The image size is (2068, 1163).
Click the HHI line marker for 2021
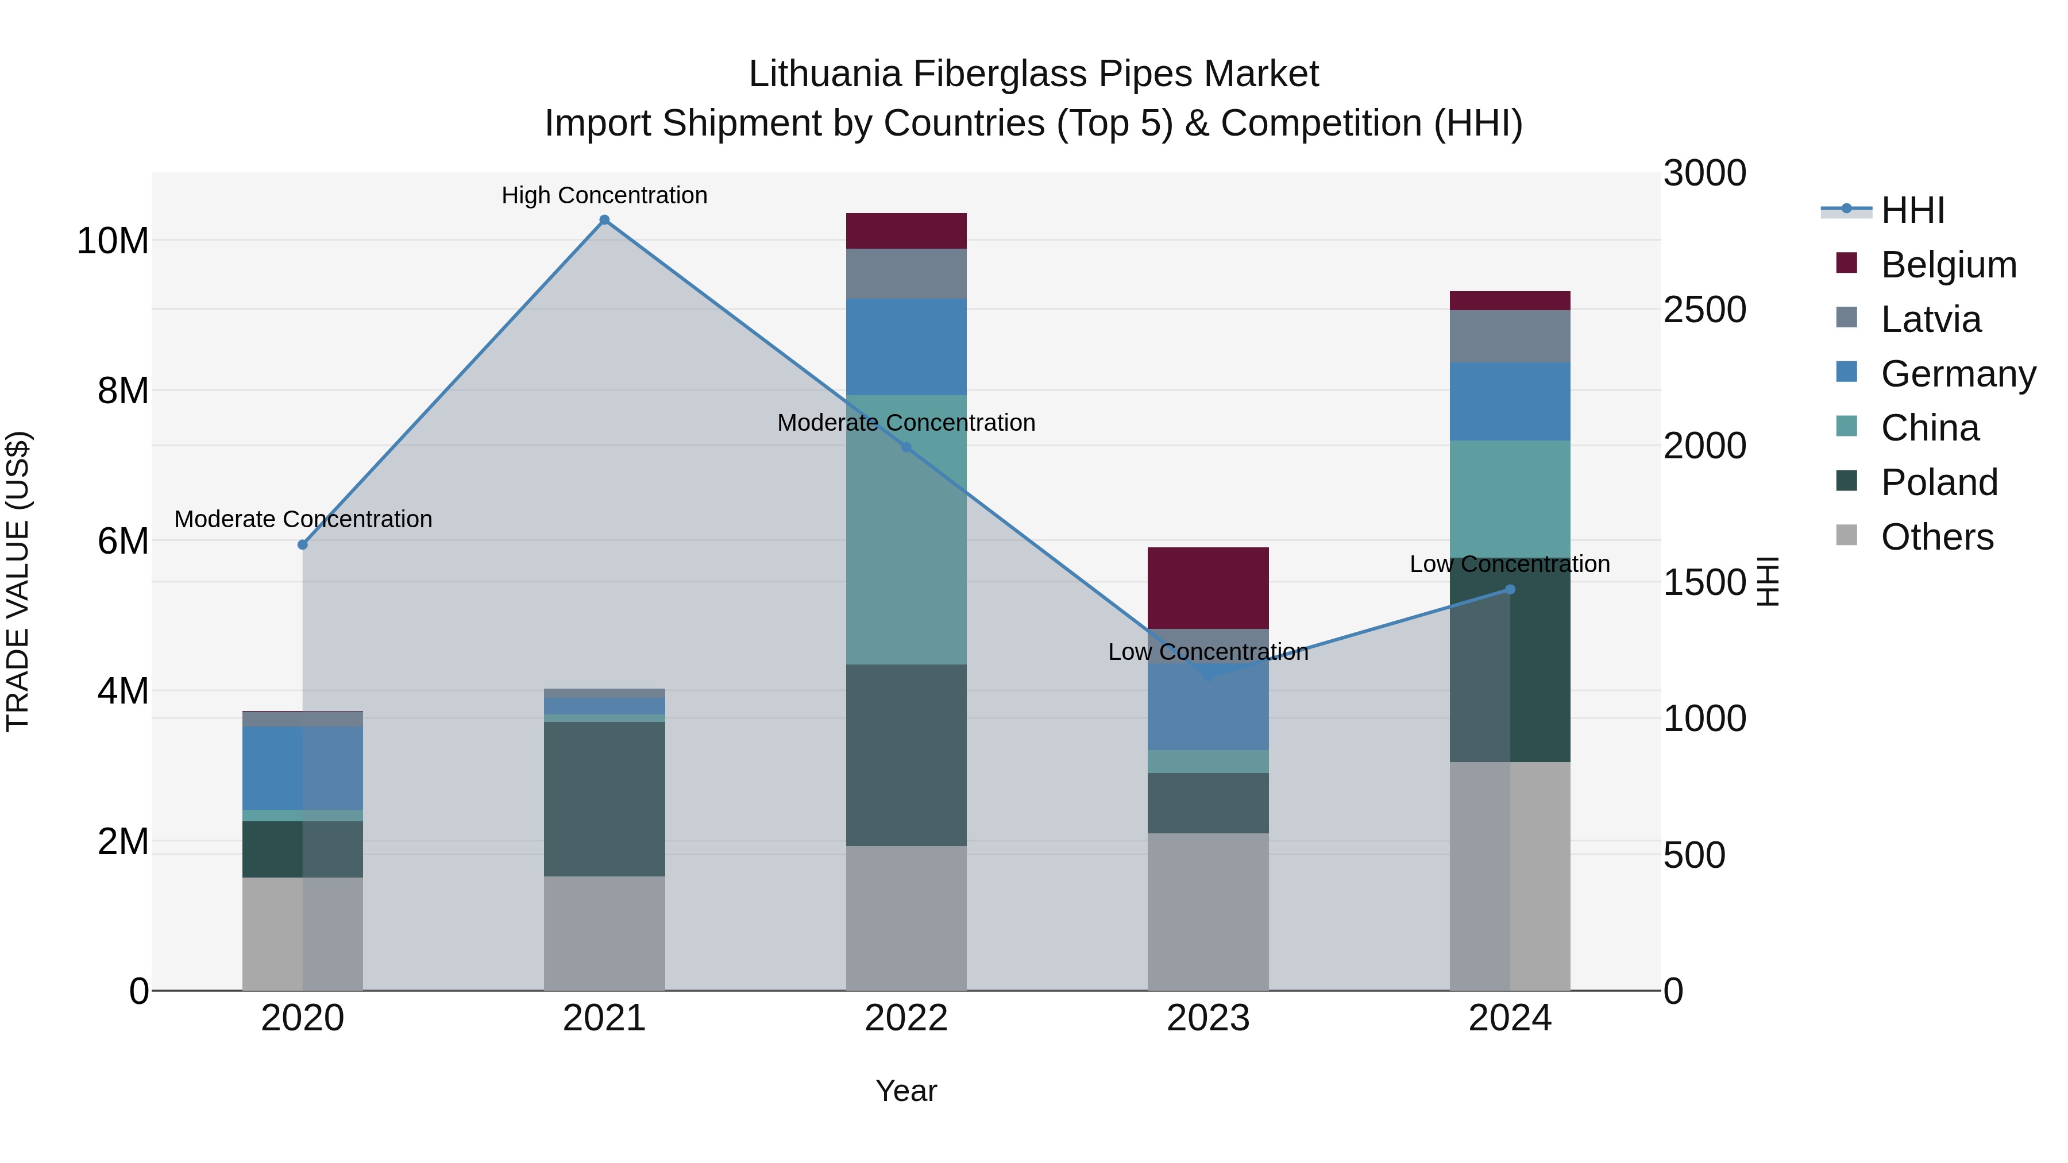pyautogui.click(x=604, y=220)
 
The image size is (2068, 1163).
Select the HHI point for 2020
pyautogui.click(x=303, y=544)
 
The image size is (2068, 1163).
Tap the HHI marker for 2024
pyautogui.click(x=1510, y=589)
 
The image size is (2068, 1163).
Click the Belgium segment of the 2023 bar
pyautogui.click(x=1208, y=588)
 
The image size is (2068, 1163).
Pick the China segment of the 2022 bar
pyautogui.click(x=906, y=530)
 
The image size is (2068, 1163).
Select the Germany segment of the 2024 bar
pyautogui.click(x=1510, y=401)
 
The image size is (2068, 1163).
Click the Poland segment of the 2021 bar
pyautogui.click(x=604, y=799)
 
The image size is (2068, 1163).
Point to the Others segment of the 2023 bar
pyautogui.click(x=1208, y=912)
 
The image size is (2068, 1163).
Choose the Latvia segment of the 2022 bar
pyautogui.click(x=906, y=274)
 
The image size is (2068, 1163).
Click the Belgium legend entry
pyautogui.click(x=1949, y=265)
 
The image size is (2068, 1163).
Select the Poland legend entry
pyautogui.click(x=1939, y=482)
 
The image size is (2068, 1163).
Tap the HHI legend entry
pyautogui.click(x=1912, y=210)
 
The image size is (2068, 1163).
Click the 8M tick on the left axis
pyautogui.click(x=123, y=391)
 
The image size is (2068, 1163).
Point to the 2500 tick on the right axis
pyautogui.click(x=1704, y=310)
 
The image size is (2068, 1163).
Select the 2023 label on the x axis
pyautogui.click(x=1208, y=1018)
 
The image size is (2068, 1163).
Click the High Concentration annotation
pyautogui.click(x=604, y=195)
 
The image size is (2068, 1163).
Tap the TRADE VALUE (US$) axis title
pyautogui.click(x=18, y=581)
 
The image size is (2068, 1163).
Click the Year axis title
pyautogui.click(x=906, y=1091)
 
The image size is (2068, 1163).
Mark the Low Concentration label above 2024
pyautogui.click(x=1510, y=564)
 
